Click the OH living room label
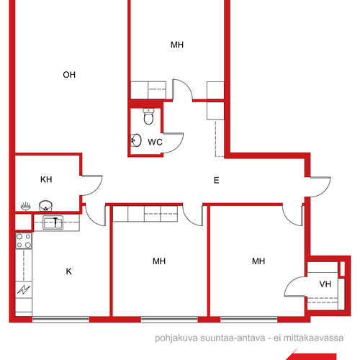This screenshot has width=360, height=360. (x=69, y=75)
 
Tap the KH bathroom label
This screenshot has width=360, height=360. (x=46, y=179)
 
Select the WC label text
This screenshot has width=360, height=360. (x=155, y=142)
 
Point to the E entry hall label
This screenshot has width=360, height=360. (x=217, y=180)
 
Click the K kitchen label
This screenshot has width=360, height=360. (x=69, y=271)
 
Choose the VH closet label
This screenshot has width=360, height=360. (x=325, y=284)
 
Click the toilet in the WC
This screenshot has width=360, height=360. (x=148, y=116)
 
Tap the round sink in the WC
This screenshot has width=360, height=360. (x=136, y=140)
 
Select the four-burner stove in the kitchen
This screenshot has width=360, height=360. (x=24, y=240)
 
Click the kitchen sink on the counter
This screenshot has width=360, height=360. (x=53, y=222)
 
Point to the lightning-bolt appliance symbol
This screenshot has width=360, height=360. (x=24, y=289)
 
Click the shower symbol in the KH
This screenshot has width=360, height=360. (x=26, y=206)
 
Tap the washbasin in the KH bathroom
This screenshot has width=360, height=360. (x=45, y=206)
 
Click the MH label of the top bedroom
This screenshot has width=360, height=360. (x=177, y=45)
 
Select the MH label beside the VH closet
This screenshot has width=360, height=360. (x=258, y=261)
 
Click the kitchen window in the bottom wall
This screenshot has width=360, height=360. (x=60, y=320)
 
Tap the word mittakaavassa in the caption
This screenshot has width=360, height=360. (x=313, y=338)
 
